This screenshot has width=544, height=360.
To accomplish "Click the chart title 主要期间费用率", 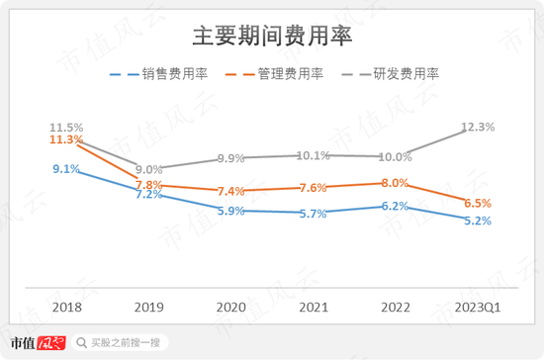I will click(272, 37).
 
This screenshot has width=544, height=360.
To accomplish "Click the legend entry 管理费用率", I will click(285, 73).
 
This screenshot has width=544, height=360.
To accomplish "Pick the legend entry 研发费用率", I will click(400, 73).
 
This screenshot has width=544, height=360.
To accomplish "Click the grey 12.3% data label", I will click(478, 127).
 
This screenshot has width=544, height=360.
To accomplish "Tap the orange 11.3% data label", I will click(66, 140).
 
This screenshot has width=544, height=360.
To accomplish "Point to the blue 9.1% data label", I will click(66, 169).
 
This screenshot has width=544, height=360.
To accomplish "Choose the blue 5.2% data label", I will click(477, 221).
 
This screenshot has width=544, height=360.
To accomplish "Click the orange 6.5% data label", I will click(477, 202).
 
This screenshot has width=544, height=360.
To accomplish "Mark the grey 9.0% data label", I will click(149, 169).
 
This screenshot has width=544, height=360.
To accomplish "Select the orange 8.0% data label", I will click(395, 183).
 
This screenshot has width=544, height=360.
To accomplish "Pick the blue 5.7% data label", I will click(313, 214).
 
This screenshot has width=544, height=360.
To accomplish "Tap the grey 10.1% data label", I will click(313, 154).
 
